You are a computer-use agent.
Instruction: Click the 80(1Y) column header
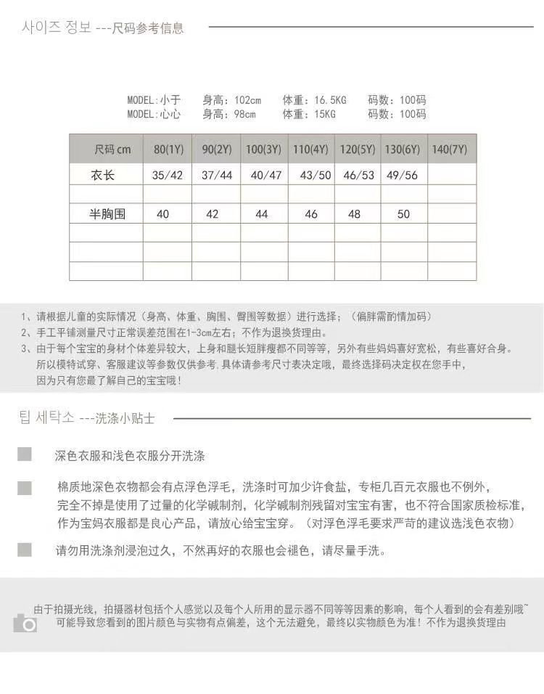[x=168, y=150]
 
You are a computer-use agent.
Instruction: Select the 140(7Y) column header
[x=450, y=150]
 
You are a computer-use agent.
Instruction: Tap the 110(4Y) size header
[x=311, y=150]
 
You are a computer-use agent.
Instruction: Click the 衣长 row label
[x=103, y=175]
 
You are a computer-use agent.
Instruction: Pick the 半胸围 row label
[x=107, y=214]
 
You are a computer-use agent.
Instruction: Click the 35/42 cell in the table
[x=168, y=176]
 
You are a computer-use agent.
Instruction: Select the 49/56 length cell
[x=403, y=176]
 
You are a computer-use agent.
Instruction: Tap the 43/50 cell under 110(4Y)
[x=316, y=176]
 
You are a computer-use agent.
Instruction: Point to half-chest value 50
[x=403, y=214]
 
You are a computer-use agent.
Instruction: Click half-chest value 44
[x=262, y=214]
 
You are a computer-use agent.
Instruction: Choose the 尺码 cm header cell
[x=113, y=150]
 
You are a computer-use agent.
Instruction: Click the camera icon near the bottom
[x=25, y=623]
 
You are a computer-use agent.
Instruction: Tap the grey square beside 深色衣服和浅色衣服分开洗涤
[x=25, y=454]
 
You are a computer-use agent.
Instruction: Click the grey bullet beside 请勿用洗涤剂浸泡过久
[x=25, y=550]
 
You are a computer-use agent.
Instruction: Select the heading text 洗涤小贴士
[x=124, y=418]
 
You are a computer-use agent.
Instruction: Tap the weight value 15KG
[x=324, y=114]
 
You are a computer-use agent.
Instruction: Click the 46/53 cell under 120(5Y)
[x=359, y=176]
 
